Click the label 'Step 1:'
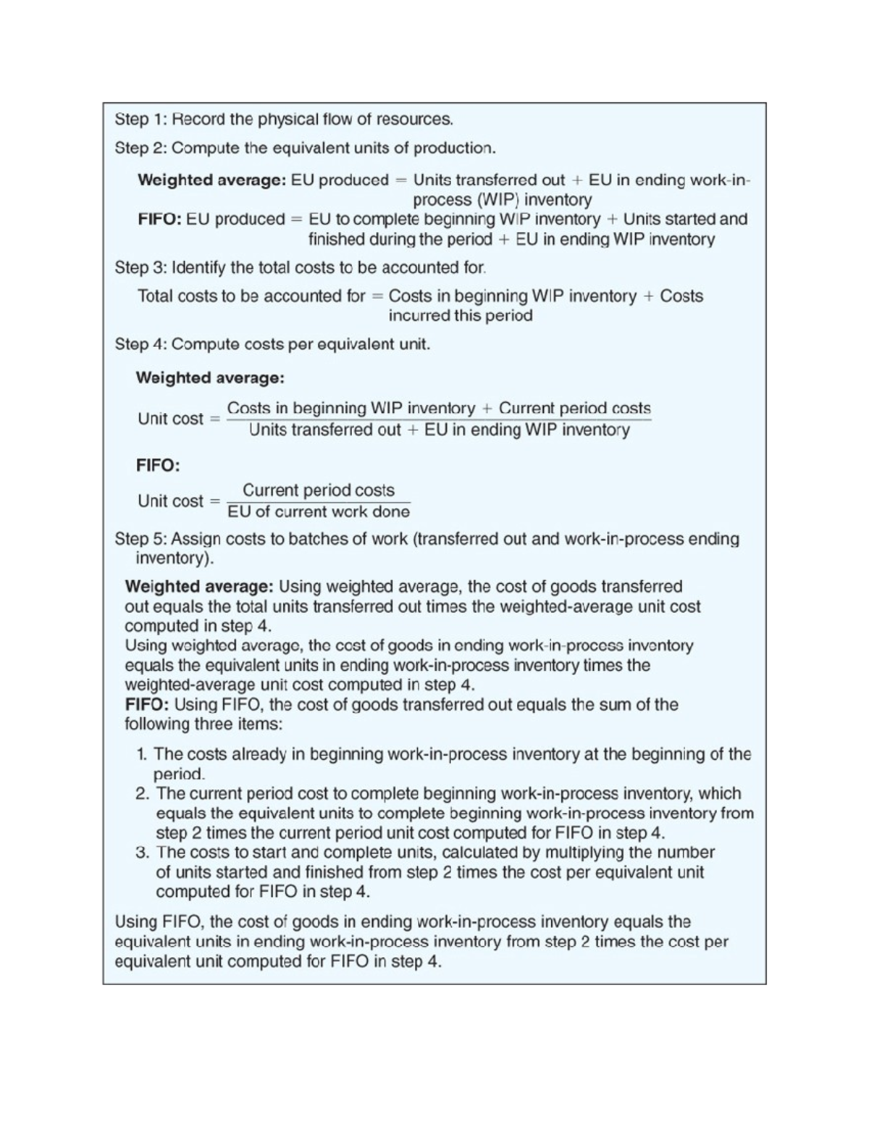[x=141, y=119]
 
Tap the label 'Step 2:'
[x=141, y=148]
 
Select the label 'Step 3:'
[x=141, y=267]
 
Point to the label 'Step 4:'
[x=141, y=344]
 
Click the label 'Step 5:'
[x=141, y=539]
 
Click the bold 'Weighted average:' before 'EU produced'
[x=211, y=180]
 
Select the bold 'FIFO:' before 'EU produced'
[x=159, y=219]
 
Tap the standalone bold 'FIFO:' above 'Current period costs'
[x=158, y=465]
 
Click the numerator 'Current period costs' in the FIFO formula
[x=319, y=490]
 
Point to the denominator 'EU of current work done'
[x=319, y=511]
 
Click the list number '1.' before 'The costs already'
[x=143, y=754]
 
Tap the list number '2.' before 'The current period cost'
[x=143, y=793]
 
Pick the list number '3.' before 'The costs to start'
[x=143, y=852]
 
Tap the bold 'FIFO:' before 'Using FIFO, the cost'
[x=147, y=704]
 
